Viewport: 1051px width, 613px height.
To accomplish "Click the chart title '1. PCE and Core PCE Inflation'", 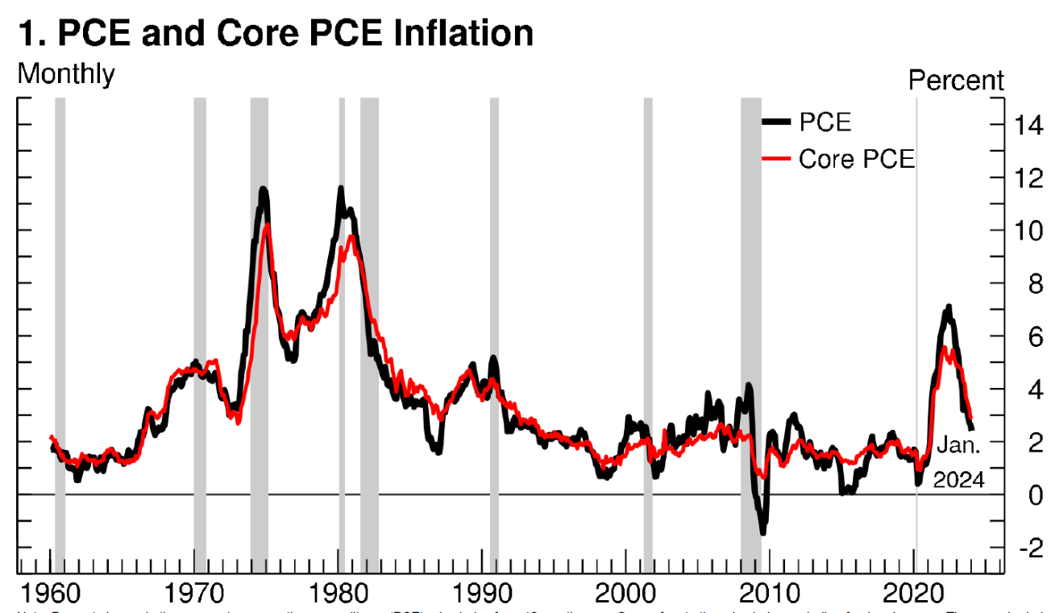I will point(275,33).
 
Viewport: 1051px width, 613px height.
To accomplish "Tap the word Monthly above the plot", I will point(66,74).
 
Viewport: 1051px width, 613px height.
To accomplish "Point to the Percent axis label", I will point(956,81).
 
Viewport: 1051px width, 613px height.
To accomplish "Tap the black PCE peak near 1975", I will point(263,190).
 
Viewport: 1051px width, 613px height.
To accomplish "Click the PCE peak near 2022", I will point(949,307).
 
